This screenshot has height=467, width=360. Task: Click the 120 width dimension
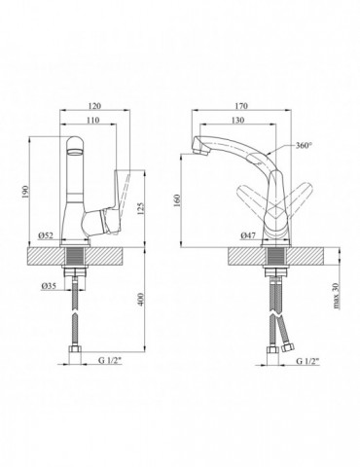tap(94, 106)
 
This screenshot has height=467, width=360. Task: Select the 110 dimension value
tap(92, 120)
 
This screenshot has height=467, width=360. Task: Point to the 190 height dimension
tap(26, 192)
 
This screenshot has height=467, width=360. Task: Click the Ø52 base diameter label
tap(46, 235)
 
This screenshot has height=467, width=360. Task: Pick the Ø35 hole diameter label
tap(49, 285)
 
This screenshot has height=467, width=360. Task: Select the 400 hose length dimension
tap(141, 300)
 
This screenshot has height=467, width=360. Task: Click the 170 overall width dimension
tap(241, 106)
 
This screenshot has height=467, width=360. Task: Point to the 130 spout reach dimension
tap(237, 120)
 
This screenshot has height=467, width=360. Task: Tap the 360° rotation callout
tap(304, 145)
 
